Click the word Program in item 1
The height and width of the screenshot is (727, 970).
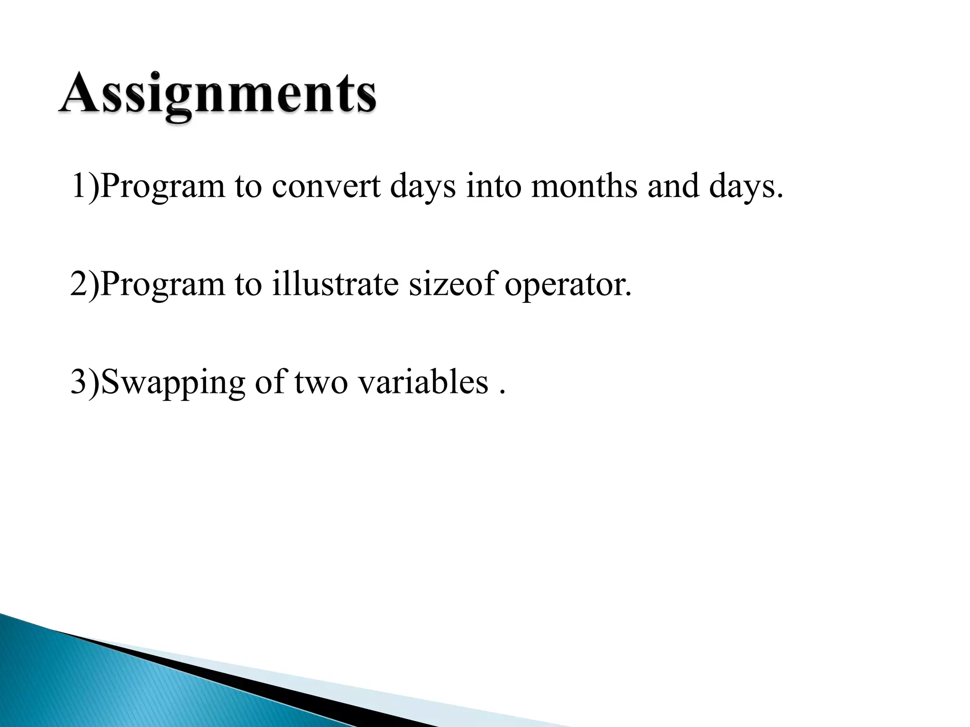coord(162,187)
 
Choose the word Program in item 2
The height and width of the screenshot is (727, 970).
coord(162,285)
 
